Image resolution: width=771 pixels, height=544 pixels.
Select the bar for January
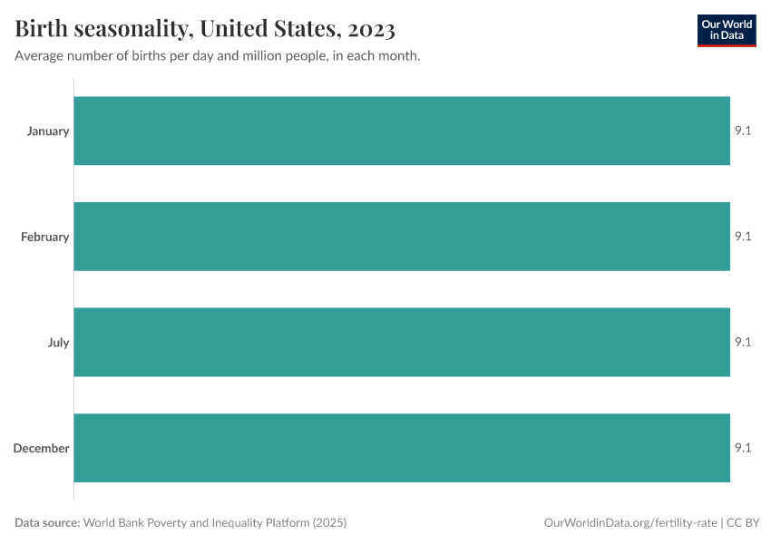pyautogui.click(x=402, y=131)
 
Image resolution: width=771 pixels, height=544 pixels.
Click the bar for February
pyautogui.click(x=402, y=237)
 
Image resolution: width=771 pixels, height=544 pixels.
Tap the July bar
pyautogui.click(x=402, y=343)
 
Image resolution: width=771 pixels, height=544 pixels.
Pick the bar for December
pyautogui.click(x=402, y=448)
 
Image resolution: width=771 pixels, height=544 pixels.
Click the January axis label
pyautogui.click(x=48, y=131)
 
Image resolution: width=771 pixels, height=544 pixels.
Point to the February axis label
pyautogui.click(x=45, y=238)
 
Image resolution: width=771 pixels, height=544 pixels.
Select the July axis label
pyautogui.click(x=58, y=343)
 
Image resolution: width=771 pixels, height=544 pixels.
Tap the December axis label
pyautogui.click(x=42, y=449)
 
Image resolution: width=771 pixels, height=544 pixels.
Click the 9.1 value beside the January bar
pyautogui.click(x=743, y=131)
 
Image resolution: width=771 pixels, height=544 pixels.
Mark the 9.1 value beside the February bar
pyautogui.click(x=743, y=237)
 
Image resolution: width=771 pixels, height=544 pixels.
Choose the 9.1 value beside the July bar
pyautogui.click(x=743, y=343)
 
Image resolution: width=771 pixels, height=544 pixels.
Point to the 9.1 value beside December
pyautogui.click(x=743, y=448)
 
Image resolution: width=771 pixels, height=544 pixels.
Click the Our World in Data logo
pyautogui.click(x=726, y=30)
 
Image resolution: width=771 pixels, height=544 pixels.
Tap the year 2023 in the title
pyautogui.click(x=371, y=30)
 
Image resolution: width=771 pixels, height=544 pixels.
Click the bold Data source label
pyautogui.click(x=48, y=523)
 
